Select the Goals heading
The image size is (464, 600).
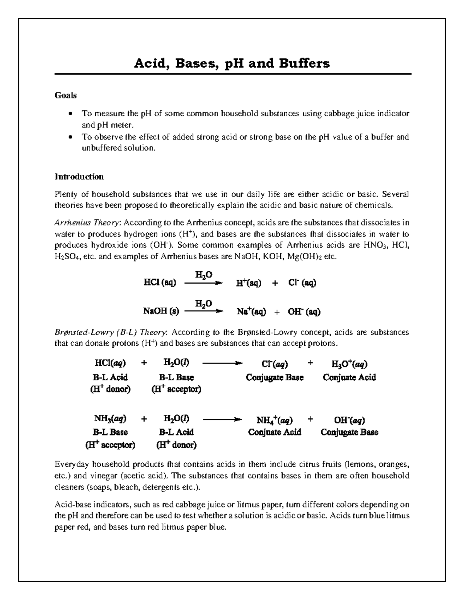tap(65, 95)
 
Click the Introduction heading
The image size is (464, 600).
tap(79, 177)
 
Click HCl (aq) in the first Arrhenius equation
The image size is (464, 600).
tap(160, 283)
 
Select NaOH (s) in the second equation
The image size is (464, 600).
tap(161, 311)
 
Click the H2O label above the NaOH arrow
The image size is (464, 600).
tap(203, 304)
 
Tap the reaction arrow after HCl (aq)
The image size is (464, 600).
tap(204, 283)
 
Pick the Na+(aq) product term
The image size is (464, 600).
tap(251, 311)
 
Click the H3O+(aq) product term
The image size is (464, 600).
tap(349, 364)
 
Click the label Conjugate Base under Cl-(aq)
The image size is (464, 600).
tap(275, 377)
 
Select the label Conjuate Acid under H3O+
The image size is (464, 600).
tap(349, 377)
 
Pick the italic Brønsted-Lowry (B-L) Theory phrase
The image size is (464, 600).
tap(111, 333)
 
